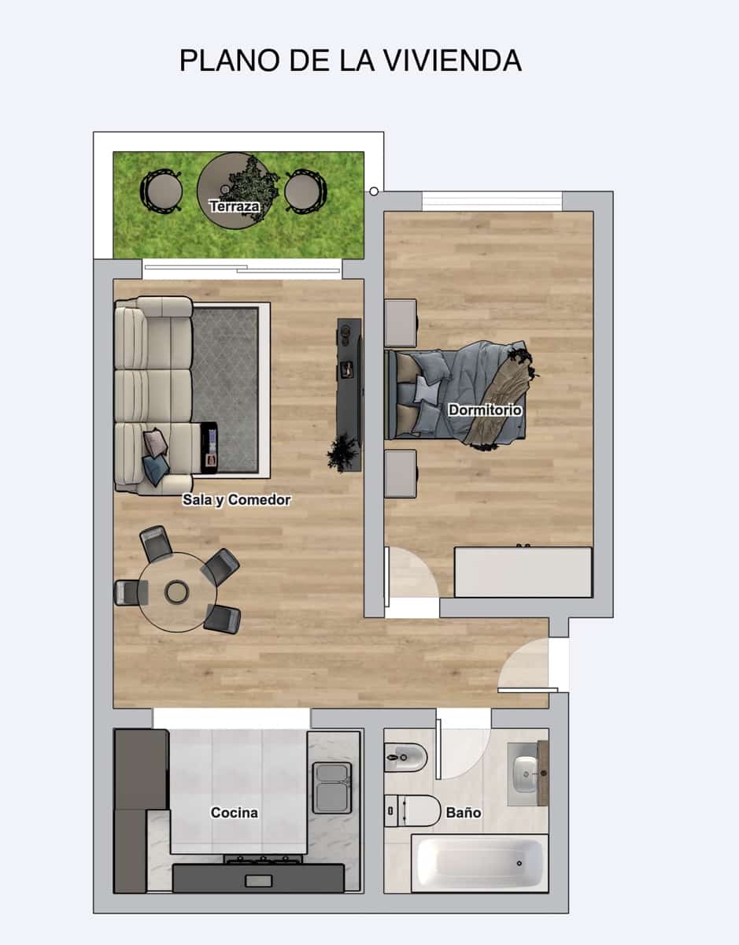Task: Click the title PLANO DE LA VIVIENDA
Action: (x=350, y=61)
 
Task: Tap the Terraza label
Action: (x=235, y=207)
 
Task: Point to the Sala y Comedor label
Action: (x=236, y=500)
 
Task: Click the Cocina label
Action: (x=234, y=813)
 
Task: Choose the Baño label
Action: (x=464, y=813)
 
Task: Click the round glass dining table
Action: (x=176, y=591)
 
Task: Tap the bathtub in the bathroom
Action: (x=479, y=863)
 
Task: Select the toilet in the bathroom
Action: (x=416, y=810)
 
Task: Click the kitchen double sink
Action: (x=331, y=787)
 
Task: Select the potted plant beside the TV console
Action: (x=342, y=453)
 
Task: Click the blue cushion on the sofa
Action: (x=155, y=470)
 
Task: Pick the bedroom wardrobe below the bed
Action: (x=523, y=572)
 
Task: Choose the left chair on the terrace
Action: (x=161, y=191)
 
